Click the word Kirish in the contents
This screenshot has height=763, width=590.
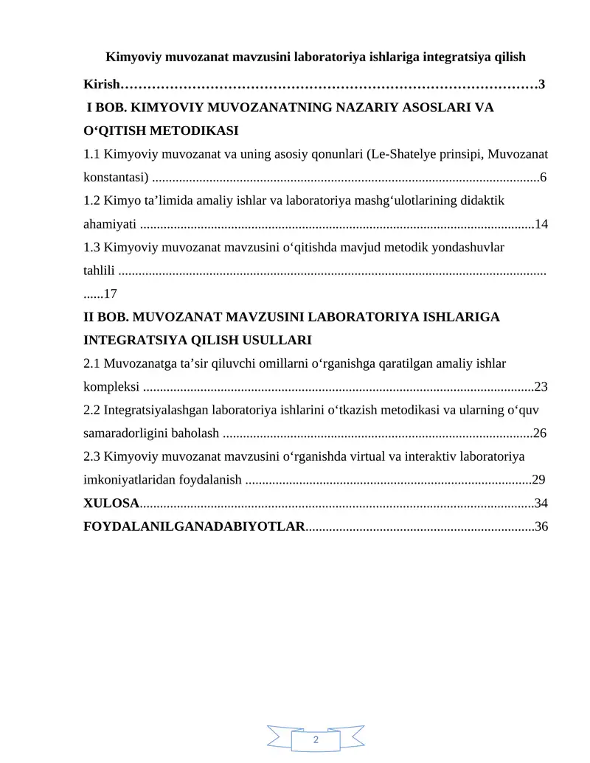[101, 85]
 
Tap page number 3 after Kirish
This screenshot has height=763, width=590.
[542, 85]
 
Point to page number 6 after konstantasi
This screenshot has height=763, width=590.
[544, 178]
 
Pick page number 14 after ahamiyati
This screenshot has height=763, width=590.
[541, 224]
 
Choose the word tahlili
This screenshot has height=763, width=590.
[98, 271]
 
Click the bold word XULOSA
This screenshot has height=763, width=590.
[111, 504]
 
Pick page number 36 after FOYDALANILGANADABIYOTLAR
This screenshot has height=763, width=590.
[541, 527]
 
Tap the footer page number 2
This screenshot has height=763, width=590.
[316, 740]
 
